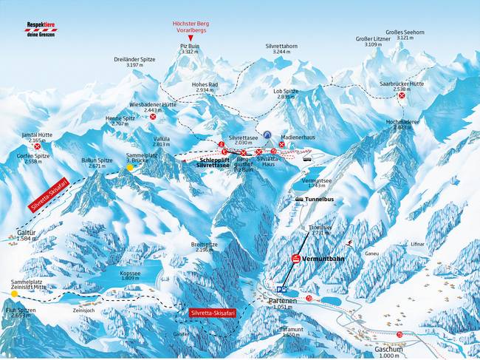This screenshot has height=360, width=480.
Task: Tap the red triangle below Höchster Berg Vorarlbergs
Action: tap(190, 38)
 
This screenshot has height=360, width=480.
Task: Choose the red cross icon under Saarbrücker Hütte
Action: tap(401, 95)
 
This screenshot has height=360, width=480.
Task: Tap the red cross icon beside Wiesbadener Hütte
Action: tap(153, 117)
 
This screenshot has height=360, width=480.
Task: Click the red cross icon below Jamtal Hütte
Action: tap(37, 147)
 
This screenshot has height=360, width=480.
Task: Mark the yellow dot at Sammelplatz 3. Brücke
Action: tap(130, 168)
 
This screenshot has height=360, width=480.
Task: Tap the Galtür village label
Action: tap(26, 234)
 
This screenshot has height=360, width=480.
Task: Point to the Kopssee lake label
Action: tap(117, 272)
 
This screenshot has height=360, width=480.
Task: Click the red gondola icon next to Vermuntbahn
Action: tap(295, 258)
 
